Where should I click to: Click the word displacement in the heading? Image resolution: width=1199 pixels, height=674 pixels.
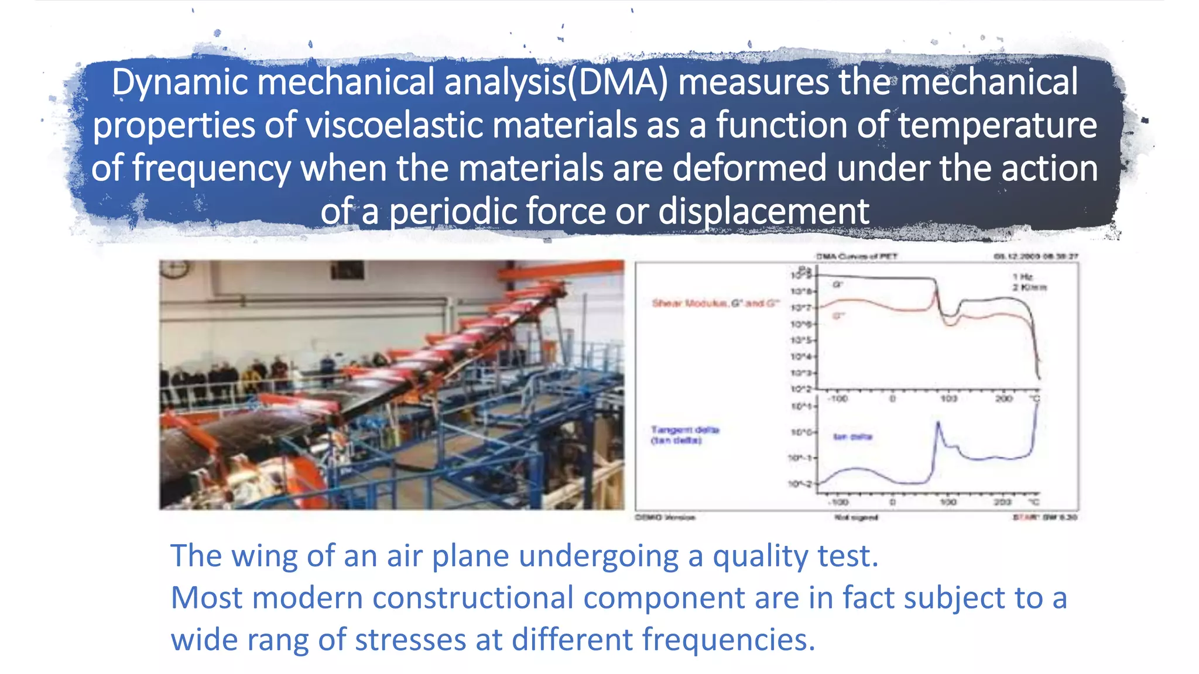pyautogui.click(x=763, y=211)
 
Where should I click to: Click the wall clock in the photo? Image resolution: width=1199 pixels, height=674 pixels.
pyautogui.click(x=175, y=269)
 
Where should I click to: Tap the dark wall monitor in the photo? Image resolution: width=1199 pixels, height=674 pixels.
pyautogui.click(x=347, y=270)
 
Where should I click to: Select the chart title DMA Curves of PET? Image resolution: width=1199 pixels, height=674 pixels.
pyautogui.click(x=857, y=256)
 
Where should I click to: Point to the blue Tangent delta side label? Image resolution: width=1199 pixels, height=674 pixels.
pyautogui.click(x=684, y=434)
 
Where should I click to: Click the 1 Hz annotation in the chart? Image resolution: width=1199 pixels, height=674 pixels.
pyautogui.click(x=1023, y=277)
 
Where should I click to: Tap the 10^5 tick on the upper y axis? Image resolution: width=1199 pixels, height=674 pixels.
pyautogui.click(x=801, y=341)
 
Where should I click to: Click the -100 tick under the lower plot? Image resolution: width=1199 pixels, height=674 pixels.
pyautogui.click(x=838, y=502)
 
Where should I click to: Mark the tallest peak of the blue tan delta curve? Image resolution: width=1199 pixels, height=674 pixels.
pyautogui.click(x=938, y=423)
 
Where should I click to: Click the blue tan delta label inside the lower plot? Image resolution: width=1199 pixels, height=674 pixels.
pyautogui.click(x=852, y=437)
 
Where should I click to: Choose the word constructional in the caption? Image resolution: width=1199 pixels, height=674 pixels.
pyautogui.click(x=472, y=598)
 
